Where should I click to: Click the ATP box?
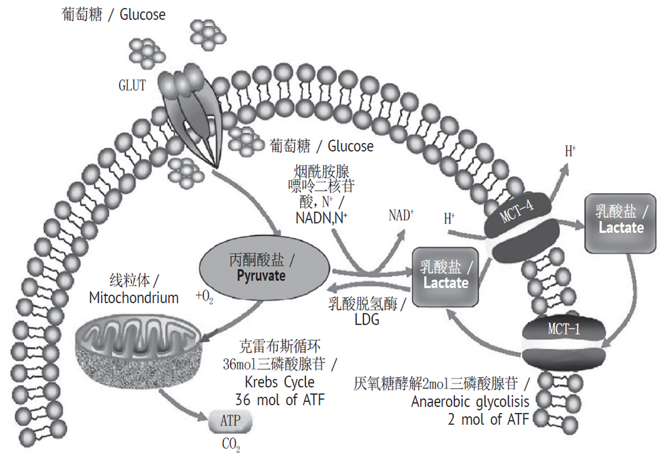point(230,421)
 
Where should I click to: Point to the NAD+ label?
point(401,215)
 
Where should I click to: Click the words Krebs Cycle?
point(282,382)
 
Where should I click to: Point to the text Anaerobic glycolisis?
point(470,401)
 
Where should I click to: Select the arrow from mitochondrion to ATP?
point(185,404)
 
